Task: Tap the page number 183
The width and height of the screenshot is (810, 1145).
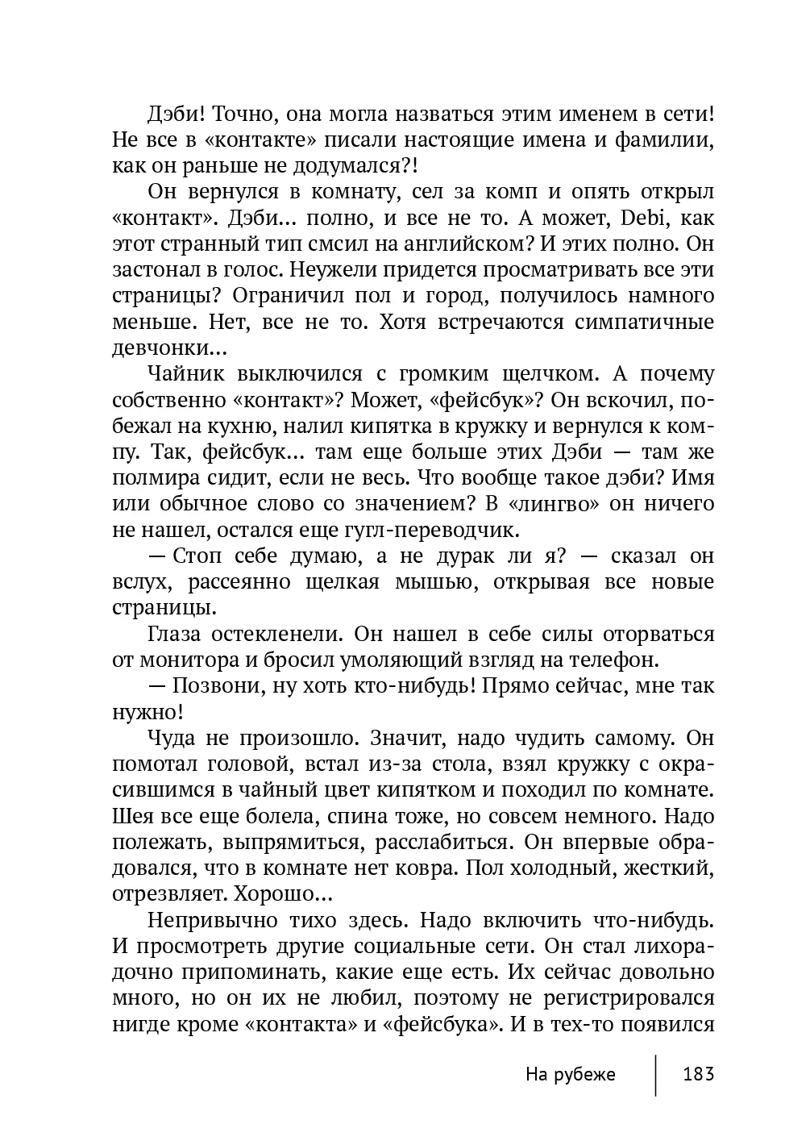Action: tap(699, 1074)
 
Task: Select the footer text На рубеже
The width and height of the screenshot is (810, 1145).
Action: tap(570, 1074)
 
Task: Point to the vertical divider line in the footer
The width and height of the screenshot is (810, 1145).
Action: tap(655, 1074)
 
